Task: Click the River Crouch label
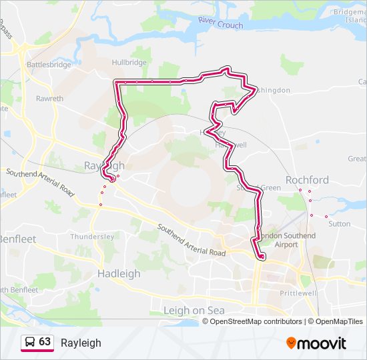[220, 25]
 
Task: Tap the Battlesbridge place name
[48, 65]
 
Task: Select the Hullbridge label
[129, 63]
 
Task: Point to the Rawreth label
[49, 99]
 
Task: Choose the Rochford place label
[307, 180]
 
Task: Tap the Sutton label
[339, 224]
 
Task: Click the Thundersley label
[93, 237]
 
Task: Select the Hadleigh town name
[119, 273]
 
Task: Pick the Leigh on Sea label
[194, 311]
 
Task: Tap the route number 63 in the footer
[45, 342]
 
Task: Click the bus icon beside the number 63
[30, 343]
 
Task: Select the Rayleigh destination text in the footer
[81, 343]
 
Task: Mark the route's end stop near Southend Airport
[262, 257]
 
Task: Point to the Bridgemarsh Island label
[350, 16]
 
